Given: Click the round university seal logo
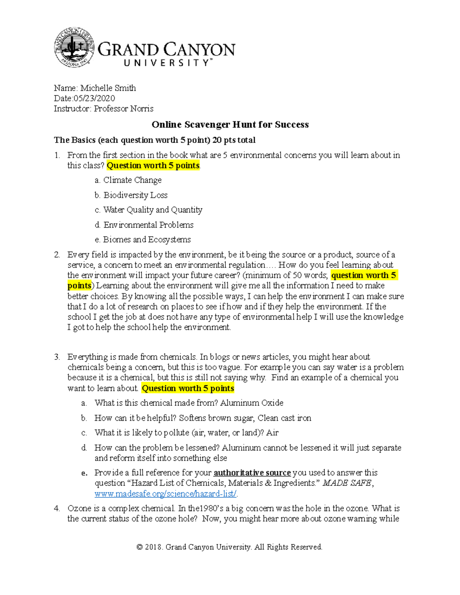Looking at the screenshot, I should click(x=74, y=48).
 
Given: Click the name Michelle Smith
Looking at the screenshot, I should click(x=108, y=88).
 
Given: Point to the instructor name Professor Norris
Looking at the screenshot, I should click(x=123, y=109).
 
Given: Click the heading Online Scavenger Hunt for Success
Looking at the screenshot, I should click(x=230, y=125).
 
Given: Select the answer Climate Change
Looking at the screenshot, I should click(x=132, y=180).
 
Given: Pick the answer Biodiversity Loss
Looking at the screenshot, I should click(x=135, y=195).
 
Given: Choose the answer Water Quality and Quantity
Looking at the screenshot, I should click(x=153, y=210).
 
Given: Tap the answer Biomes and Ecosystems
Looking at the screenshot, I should click(x=147, y=240).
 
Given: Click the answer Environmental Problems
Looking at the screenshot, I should click(x=148, y=225).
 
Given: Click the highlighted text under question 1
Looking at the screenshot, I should click(x=153, y=166).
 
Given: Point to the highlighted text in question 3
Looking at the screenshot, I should click(x=188, y=388).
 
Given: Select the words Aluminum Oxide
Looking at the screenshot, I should click(x=252, y=403).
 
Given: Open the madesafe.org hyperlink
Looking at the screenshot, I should click(x=166, y=494).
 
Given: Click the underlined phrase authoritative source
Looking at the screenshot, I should click(x=252, y=473).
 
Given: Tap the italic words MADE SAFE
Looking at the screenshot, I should click(x=347, y=483).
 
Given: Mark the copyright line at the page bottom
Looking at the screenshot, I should click(x=229, y=547).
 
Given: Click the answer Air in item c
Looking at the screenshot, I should click(x=272, y=433).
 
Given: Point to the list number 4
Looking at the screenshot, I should click(x=57, y=509).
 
